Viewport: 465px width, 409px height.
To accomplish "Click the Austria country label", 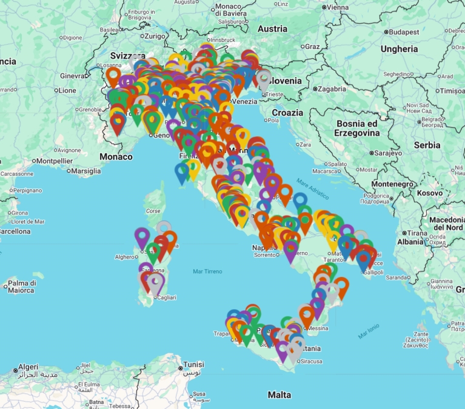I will (272, 28).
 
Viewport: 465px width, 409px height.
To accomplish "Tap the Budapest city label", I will (404, 32).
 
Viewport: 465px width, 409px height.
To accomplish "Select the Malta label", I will (279, 394).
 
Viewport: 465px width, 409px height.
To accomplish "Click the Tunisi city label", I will (194, 365).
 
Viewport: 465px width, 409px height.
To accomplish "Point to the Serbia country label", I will (427, 145).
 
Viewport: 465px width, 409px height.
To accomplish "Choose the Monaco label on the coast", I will (116, 156).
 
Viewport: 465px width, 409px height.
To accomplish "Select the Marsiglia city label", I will (85, 171).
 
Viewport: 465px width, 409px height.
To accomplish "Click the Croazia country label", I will (287, 113).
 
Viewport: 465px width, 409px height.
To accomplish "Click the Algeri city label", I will (28, 367).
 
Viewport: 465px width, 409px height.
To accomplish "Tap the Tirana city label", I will (416, 233).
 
